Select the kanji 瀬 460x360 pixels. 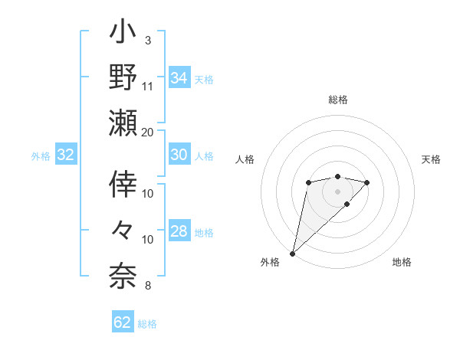[x=123, y=123]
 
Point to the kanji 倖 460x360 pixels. [x=123, y=184]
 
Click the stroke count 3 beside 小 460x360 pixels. [x=148, y=39]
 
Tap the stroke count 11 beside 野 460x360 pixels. [x=148, y=85]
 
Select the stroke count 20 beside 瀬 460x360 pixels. [x=148, y=131]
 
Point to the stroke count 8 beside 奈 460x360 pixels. [x=148, y=286]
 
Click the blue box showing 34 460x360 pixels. [x=179, y=78]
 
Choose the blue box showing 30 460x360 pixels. [x=179, y=155]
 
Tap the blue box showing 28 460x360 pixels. [x=179, y=232]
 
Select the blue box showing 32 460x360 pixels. [x=66, y=155]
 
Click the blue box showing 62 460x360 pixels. [x=123, y=322]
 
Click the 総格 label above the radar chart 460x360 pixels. [x=338, y=100]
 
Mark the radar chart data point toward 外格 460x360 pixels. [x=292, y=253]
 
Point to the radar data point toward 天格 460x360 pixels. [x=367, y=182]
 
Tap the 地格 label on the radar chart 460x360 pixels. [x=402, y=263]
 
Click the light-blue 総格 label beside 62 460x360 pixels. [x=147, y=324]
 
